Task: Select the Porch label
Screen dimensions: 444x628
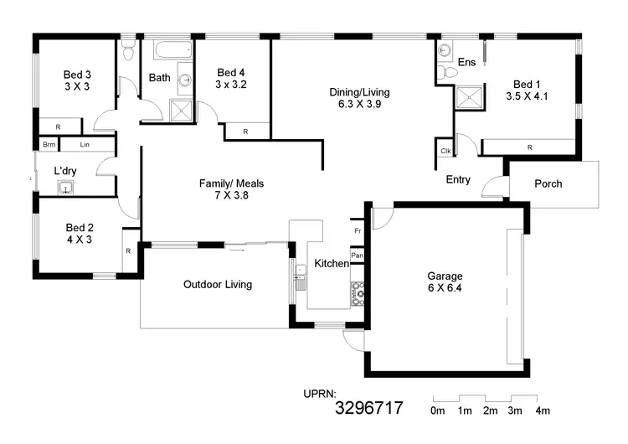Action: tap(548, 183)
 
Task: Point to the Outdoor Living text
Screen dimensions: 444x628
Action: tap(217, 285)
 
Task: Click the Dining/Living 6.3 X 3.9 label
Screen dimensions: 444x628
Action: tap(358, 99)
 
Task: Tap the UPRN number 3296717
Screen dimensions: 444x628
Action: tap(369, 409)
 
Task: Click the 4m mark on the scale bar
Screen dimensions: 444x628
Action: tap(542, 410)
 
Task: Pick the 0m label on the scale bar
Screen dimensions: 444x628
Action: tap(437, 410)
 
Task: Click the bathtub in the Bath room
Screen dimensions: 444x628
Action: tap(172, 51)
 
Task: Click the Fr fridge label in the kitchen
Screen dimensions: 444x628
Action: tap(357, 229)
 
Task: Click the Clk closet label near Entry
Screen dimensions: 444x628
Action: tap(444, 151)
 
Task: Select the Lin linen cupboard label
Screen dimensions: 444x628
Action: tap(85, 145)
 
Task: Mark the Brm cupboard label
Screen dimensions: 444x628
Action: tap(49, 145)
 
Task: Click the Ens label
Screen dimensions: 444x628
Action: tap(466, 63)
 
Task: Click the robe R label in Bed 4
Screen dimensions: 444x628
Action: tap(245, 132)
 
